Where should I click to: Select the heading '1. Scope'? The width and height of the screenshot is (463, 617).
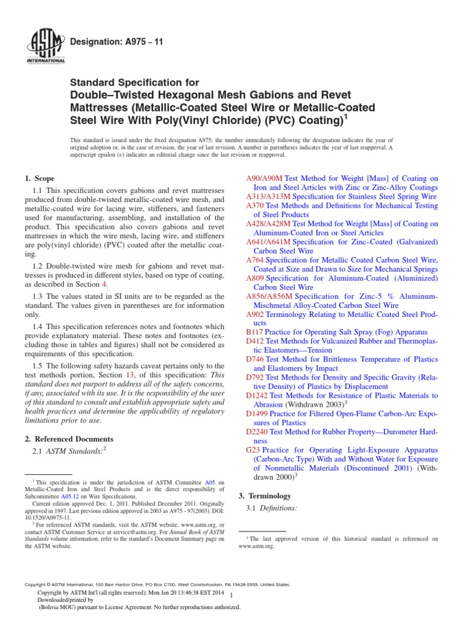coord(39,178)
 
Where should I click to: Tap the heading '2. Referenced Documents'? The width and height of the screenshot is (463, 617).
coord(69,439)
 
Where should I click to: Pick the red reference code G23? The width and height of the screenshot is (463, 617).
coord(253,449)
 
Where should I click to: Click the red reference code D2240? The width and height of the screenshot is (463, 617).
coord(258,431)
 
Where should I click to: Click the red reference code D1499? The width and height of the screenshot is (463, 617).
coord(258,414)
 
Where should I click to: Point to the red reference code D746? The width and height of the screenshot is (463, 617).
coord(256,359)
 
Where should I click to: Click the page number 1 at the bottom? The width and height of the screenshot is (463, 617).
coord(231,596)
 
